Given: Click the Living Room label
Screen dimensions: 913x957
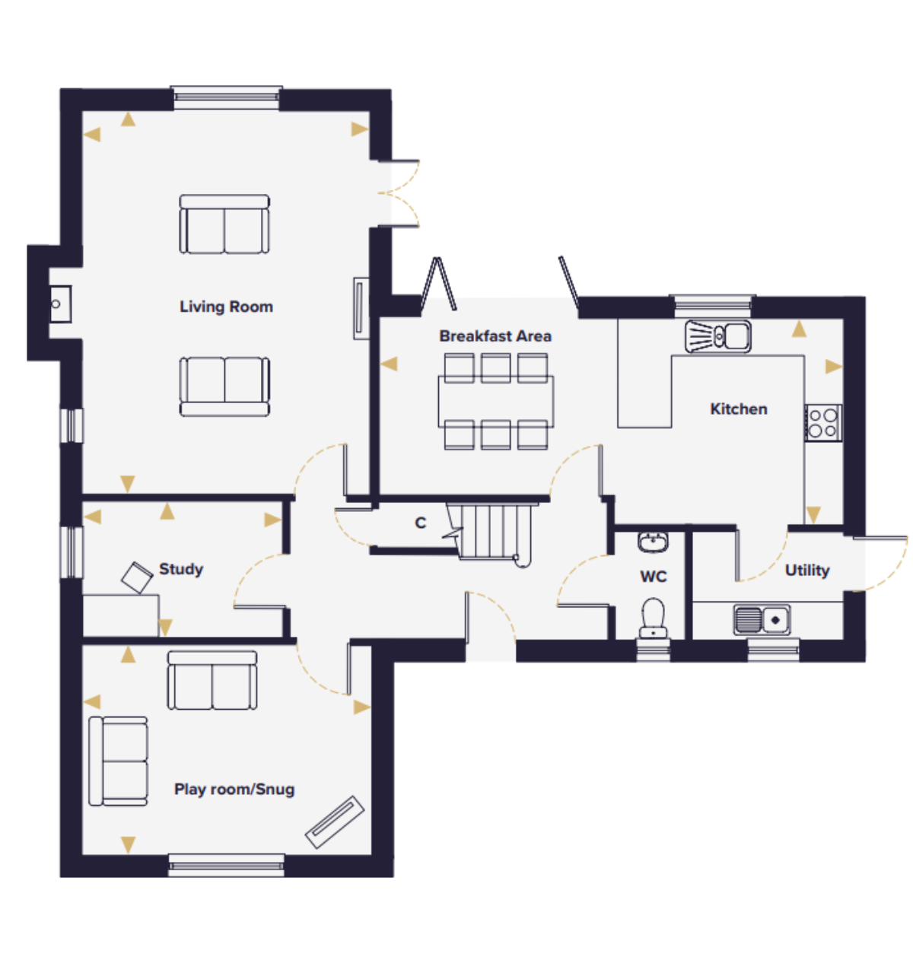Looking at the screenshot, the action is [227, 307].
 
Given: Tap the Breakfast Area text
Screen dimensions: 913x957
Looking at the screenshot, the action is [495, 336].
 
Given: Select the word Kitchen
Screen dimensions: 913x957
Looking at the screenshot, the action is [739, 409].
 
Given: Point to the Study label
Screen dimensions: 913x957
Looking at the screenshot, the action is [181, 569].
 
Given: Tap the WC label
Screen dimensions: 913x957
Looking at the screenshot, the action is [653, 577].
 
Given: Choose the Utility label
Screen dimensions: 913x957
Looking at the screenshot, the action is [807, 570].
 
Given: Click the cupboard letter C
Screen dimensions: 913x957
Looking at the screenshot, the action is [420, 523].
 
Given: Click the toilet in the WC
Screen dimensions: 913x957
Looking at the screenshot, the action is [653, 618].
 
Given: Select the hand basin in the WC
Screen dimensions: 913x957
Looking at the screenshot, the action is [653, 542].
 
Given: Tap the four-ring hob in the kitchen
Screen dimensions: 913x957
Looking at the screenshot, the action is [823, 423].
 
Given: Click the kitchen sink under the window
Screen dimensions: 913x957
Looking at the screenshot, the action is [717, 336].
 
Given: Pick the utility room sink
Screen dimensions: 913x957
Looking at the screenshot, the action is [762, 620].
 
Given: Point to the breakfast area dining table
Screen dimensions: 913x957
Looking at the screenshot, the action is [496, 402].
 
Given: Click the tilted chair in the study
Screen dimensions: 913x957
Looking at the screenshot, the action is [137, 578].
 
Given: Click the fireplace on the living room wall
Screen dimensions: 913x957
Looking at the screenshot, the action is [60, 304].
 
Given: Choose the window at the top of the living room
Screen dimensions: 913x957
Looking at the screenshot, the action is [227, 98].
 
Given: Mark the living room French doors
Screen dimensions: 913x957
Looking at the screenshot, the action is [399, 193].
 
